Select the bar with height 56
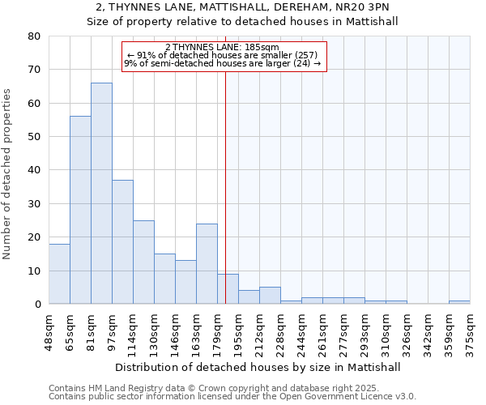coord(80,210)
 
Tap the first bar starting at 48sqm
coord(59,274)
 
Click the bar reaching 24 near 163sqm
coord(207,263)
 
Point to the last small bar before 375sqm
coord(459,302)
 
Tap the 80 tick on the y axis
coord(33,36)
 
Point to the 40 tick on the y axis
coord(33,170)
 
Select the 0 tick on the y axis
coord(36,304)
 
